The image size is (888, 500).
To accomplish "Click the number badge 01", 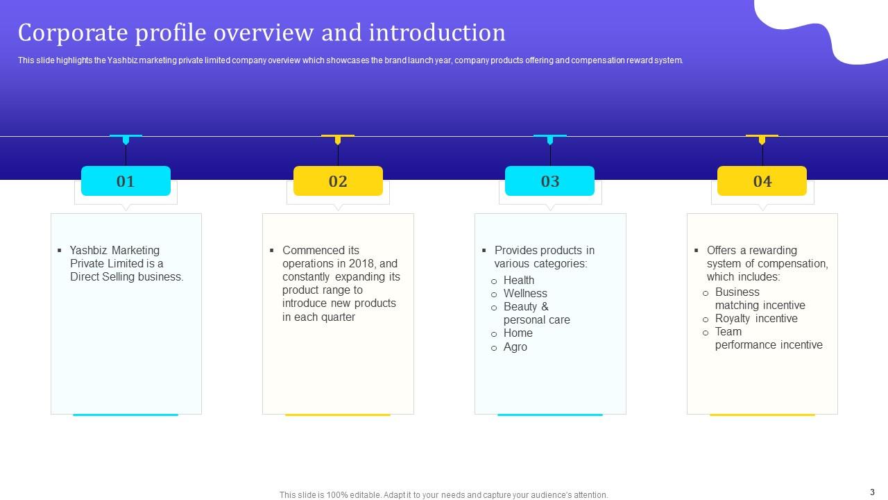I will [x=126, y=181].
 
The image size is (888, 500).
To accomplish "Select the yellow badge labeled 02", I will [x=338, y=181].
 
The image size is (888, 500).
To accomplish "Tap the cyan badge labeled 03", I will [x=549, y=181].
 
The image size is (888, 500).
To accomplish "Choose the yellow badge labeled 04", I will [x=762, y=181].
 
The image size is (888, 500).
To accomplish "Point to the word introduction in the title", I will [x=437, y=33].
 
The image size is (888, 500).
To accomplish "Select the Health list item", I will [x=518, y=280].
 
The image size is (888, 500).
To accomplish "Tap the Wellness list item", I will [x=525, y=293].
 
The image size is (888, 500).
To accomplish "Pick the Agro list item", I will [x=515, y=347].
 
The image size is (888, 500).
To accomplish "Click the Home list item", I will [x=518, y=333].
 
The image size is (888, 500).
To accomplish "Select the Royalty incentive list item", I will [x=756, y=318].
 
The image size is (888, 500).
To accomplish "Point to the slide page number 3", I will [x=872, y=491].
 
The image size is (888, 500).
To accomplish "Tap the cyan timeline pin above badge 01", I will [x=126, y=139].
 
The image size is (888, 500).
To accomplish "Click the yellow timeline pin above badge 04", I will [x=762, y=139].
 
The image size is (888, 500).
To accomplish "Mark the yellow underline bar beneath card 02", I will [x=338, y=415].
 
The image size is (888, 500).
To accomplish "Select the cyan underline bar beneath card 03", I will [x=549, y=415].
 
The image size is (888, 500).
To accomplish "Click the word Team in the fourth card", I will [x=728, y=331].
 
